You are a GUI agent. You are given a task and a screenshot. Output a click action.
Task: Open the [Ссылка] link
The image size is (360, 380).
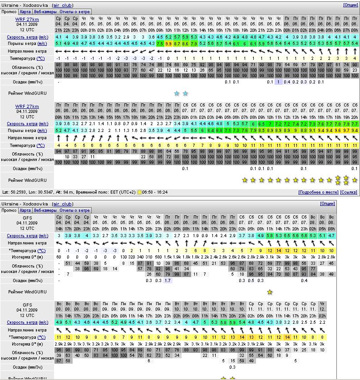tap(348, 192)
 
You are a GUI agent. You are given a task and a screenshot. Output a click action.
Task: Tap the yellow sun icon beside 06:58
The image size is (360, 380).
tap(139, 192)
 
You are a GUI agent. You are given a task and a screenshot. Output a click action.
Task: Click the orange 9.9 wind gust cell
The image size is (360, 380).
tap(168, 44)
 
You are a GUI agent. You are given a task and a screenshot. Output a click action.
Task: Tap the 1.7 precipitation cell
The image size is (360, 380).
tap(168, 281)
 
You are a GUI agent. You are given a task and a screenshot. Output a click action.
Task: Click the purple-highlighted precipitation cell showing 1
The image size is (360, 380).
tap(278, 82)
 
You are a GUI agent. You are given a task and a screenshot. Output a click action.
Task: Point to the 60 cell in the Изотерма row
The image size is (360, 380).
tap(59, 257)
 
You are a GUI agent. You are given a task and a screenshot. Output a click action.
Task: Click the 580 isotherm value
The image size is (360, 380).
tap(158, 257)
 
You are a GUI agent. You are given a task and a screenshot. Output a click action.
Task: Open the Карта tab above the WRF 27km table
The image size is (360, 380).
tap(26, 12)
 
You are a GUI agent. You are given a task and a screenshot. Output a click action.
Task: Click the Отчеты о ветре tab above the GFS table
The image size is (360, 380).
tap(75, 210)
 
